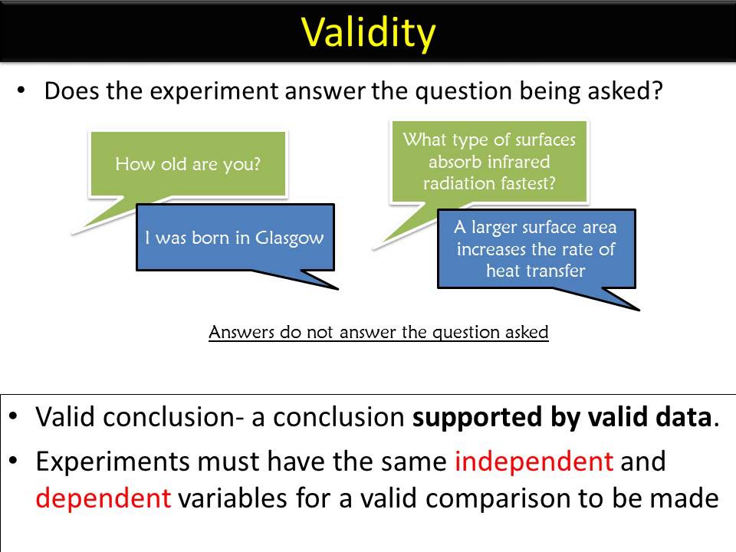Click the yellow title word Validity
[x=368, y=32]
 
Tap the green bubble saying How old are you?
[x=188, y=164]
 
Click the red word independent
[x=534, y=462]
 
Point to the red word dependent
[x=103, y=498]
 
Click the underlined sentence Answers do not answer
[x=379, y=332]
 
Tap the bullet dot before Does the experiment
[x=22, y=90]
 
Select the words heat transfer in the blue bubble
[x=536, y=271]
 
